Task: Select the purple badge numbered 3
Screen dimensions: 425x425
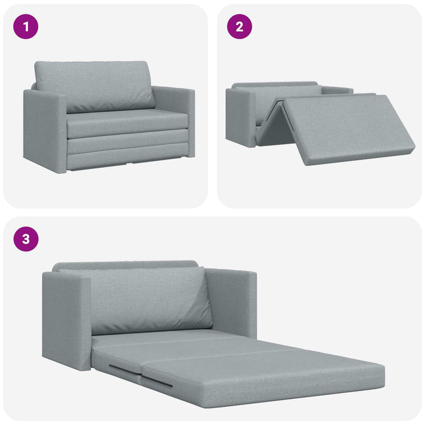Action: point(25,239)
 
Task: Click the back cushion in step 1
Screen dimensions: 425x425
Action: point(94,85)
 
